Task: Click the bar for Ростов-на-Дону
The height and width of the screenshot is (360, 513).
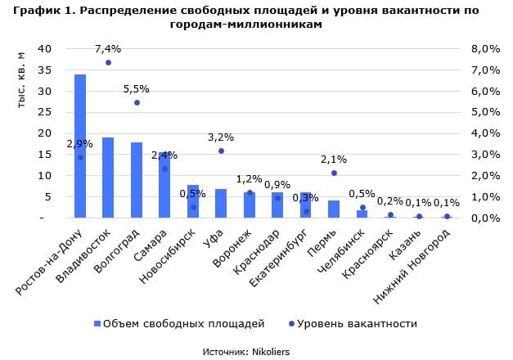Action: [80, 146]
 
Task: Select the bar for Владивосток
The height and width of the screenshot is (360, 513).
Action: [108, 178]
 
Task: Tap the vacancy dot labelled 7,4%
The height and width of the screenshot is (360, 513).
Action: [109, 62]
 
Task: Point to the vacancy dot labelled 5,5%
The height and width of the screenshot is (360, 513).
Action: [137, 103]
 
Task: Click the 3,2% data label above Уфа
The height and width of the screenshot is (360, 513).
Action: [221, 137]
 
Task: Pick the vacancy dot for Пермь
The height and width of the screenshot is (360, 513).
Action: [334, 173]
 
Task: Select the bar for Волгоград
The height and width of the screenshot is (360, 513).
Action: [137, 180]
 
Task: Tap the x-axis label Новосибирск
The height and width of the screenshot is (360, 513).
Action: [167, 256]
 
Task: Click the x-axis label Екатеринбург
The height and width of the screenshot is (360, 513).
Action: [278, 258]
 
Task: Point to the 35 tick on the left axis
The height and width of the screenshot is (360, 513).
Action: [44, 70]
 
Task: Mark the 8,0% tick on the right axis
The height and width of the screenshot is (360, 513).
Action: [485, 49]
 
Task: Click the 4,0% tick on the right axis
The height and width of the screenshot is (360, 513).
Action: [485, 133]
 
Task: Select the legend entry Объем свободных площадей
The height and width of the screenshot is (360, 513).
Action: [179, 324]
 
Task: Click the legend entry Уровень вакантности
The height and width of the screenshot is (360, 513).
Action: [353, 324]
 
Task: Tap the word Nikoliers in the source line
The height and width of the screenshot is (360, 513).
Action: [271, 352]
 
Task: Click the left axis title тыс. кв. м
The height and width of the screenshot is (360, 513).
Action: [20, 80]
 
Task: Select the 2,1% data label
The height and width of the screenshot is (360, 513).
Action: [334, 160]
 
